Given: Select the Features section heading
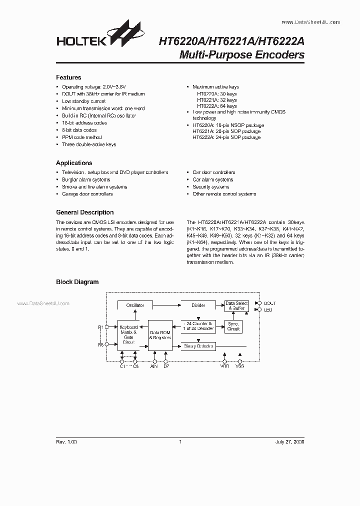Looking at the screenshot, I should [x=68, y=77].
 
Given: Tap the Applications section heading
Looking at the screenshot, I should [x=74, y=163].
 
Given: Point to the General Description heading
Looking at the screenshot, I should [x=84, y=212].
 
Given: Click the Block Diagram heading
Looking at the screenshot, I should [x=77, y=282].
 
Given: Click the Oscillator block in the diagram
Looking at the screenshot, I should [x=135, y=305].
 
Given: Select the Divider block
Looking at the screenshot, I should [x=198, y=305].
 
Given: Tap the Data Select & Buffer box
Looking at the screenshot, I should [x=236, y=306].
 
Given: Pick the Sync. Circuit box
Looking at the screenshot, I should [x=233, y=327].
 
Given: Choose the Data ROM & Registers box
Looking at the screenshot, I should [x=160, y=335].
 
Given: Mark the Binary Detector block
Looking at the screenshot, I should [x=198, y=346].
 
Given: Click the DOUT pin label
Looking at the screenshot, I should [x=269, y=303].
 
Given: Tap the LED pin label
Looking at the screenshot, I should [x=267, y=310].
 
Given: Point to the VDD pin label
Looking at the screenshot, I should [x=224, y=367].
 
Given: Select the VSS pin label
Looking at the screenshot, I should [x=240, y=367].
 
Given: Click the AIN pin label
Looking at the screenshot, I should [x=154, y=367].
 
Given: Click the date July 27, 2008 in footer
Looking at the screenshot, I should [x=289, y=442].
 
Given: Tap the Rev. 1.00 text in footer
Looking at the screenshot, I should [x=66, y=442].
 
